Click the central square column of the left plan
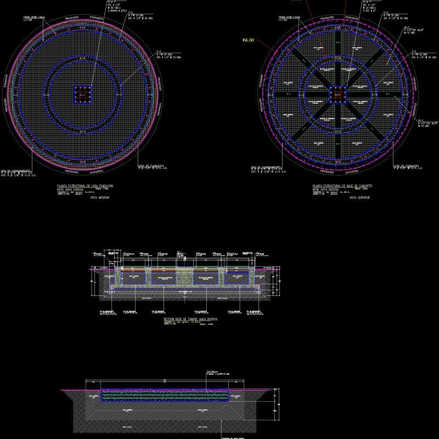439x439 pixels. click(83, 95)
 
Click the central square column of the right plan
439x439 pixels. click(337, 95)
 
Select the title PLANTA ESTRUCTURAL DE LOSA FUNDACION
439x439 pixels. click(86, 186)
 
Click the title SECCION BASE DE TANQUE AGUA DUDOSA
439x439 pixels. click(191, 318)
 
